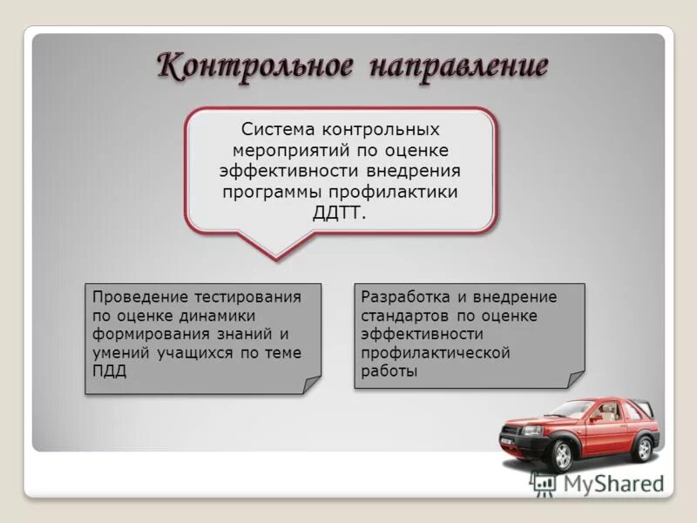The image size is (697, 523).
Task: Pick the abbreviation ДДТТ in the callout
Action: pos(340,213)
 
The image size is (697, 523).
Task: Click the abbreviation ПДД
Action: pos(109,372)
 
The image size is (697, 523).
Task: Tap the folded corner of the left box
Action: pos(312,384)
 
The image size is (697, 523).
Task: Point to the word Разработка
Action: pos(407,296)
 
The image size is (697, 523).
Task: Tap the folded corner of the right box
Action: pos(576,379)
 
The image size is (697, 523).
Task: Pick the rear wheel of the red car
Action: pos(643,447)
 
